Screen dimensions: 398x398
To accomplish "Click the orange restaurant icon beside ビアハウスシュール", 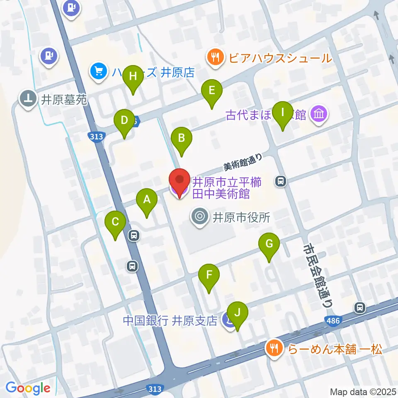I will coord(214,57).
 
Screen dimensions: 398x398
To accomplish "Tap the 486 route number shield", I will coord(332,320).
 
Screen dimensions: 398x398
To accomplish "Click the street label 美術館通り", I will coord(243,163).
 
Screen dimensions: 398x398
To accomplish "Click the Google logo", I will coord(28,388).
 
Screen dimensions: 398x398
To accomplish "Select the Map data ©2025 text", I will coord(363,391).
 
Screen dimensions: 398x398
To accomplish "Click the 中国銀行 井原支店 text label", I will coord(170,321).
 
